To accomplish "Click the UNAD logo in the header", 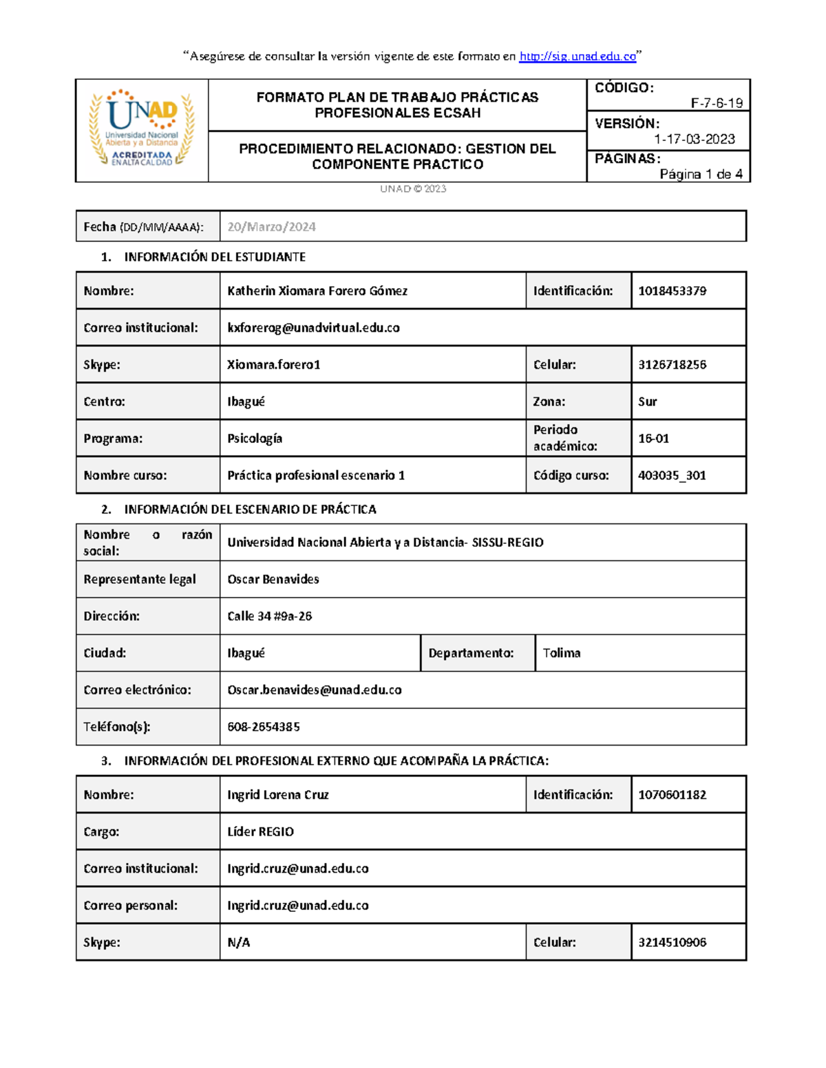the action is point(142,129).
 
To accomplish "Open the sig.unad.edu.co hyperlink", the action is point(578,56).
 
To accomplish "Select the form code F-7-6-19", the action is point(717,103).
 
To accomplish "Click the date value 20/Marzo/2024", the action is point(271,227).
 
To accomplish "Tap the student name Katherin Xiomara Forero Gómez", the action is point(317,291).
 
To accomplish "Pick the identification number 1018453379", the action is point(672,291).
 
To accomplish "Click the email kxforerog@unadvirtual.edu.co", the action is point(313,328).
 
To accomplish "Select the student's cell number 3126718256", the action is point(672,364).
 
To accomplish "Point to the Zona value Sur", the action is point(647,402).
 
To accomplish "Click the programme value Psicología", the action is point(255,439).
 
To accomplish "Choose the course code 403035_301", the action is point(672,475).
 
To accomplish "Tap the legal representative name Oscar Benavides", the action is point(273,579).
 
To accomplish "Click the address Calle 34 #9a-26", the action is point(269,616).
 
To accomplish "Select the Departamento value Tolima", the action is point(561,653).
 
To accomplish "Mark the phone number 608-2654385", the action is point(263,727).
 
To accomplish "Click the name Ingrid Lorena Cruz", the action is point(277,795).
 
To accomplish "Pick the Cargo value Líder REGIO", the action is point(260,832).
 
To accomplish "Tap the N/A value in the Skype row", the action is point(238,943).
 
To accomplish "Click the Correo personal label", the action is point(130,906).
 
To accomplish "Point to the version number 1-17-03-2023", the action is point(694,139).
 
